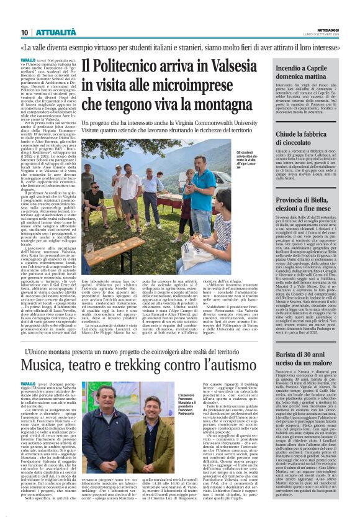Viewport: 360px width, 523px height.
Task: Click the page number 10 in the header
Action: click(24, 32)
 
